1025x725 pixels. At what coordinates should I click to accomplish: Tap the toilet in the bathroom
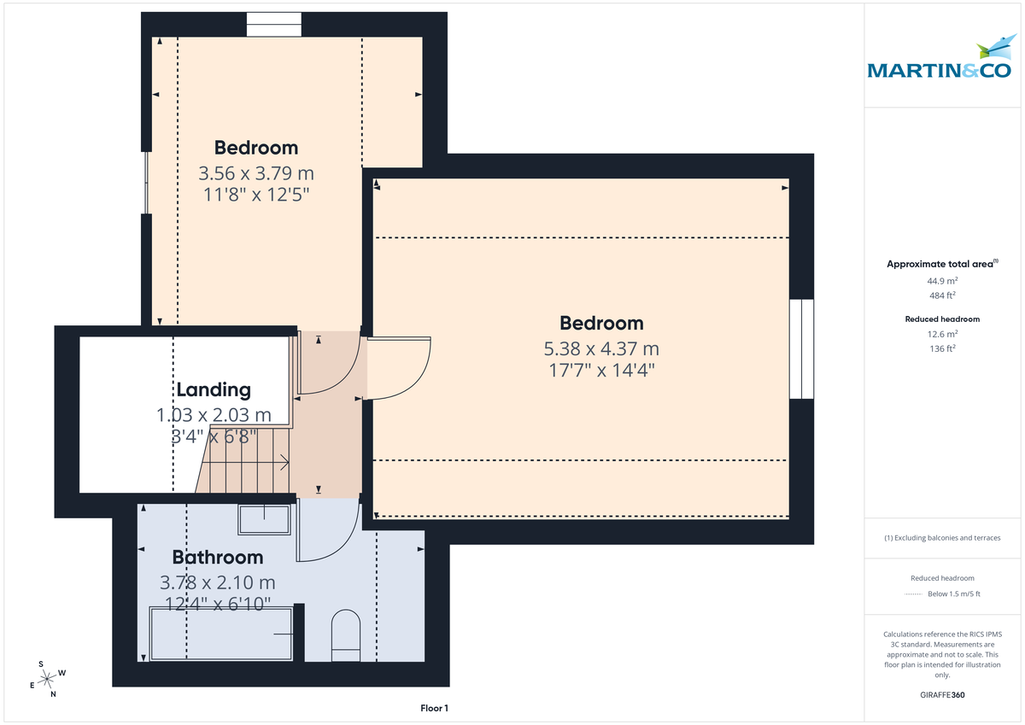346,635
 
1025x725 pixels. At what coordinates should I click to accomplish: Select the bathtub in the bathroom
222,634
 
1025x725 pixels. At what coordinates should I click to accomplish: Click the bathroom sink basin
264,517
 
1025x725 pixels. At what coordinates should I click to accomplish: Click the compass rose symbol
49,679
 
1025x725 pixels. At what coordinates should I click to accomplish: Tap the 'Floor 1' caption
434,708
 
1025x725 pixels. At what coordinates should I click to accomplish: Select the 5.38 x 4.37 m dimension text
601,348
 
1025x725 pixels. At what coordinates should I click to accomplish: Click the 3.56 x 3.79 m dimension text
256,173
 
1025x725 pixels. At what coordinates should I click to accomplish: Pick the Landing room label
214,390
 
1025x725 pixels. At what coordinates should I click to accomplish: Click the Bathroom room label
218,558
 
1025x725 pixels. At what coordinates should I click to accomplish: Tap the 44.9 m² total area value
942,280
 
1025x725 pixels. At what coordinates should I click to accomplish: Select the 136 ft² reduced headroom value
942,348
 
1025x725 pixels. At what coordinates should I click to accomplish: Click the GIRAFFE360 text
942,695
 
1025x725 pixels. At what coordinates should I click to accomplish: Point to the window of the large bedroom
801,348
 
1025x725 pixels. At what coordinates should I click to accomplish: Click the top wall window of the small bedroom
273,25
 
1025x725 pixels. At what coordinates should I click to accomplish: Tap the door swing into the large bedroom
400,367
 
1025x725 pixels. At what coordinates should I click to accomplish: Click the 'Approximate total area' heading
940,264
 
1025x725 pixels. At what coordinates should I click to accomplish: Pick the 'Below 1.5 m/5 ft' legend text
953,594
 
